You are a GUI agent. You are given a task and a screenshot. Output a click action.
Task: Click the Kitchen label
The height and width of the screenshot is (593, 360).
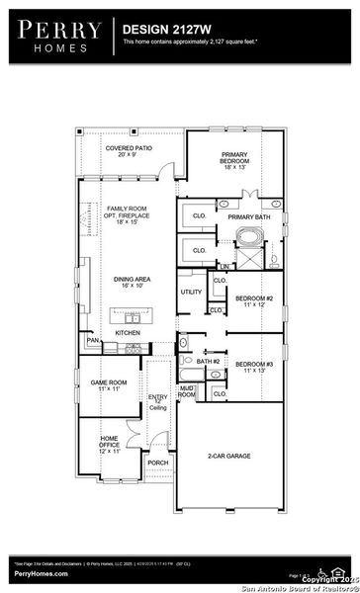click(128, 333)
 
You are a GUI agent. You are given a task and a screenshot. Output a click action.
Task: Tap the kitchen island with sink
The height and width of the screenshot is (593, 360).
click(130, 317)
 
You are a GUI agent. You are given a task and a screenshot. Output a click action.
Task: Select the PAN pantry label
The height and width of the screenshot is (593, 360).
click(93, 341)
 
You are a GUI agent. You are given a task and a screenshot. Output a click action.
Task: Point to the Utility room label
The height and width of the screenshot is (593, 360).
click(191, 292)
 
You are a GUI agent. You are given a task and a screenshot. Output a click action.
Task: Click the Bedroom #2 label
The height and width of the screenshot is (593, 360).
click(253, 300)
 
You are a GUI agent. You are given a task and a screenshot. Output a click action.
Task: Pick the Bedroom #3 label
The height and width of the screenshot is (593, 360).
click(253, 369)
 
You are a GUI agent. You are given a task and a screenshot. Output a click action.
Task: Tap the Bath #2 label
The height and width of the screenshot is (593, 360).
click(206, 362)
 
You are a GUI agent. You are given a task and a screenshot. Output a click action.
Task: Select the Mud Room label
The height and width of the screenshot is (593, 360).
click(186, 390)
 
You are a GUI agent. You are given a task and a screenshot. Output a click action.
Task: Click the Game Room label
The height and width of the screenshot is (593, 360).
click(110, 386)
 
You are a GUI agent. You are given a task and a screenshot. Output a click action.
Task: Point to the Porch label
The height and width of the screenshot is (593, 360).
click(157, 462)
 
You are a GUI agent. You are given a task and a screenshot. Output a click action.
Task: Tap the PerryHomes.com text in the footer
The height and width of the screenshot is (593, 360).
click(41, 573)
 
